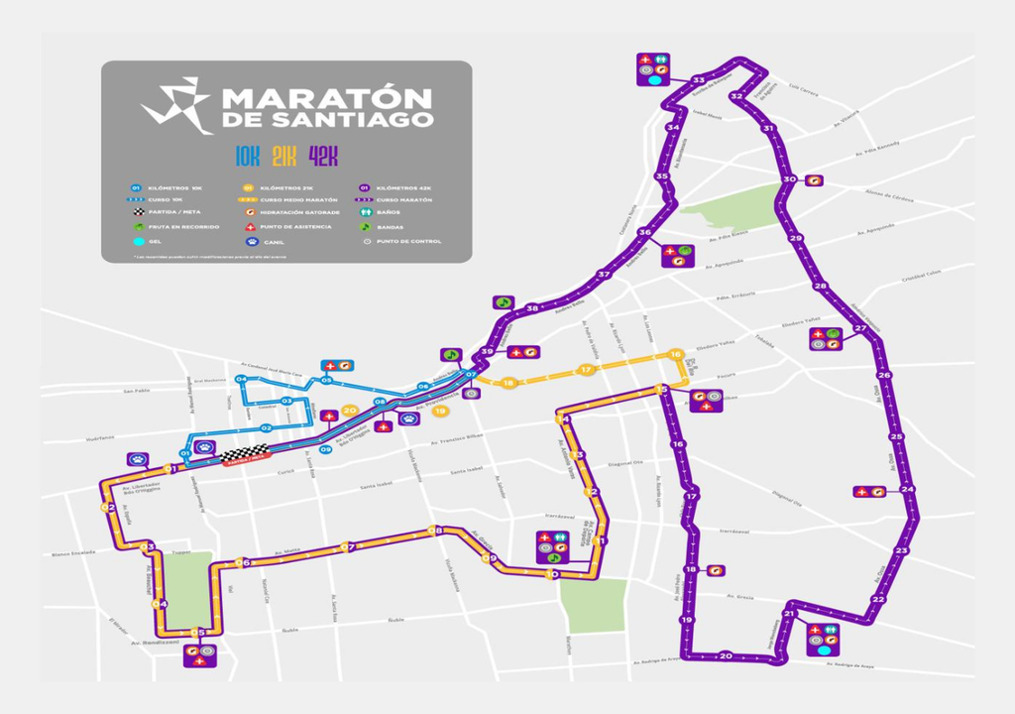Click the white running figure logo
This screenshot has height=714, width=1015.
click(x=176, y=104)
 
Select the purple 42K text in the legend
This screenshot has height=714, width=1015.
click(x=323, y=156)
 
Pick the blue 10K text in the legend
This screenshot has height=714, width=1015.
click(x=247, y=156)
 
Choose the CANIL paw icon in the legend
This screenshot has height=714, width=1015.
click(x=252, y=240)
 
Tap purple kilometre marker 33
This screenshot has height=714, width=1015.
click(x=699, y=79)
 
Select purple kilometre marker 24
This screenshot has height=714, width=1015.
click(x=908, y=490)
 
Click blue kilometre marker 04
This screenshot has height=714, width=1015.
click(x=241, y=380)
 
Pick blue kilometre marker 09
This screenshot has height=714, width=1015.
click(x=325, y=450)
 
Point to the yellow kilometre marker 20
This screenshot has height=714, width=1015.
click(x=349, y=410)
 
